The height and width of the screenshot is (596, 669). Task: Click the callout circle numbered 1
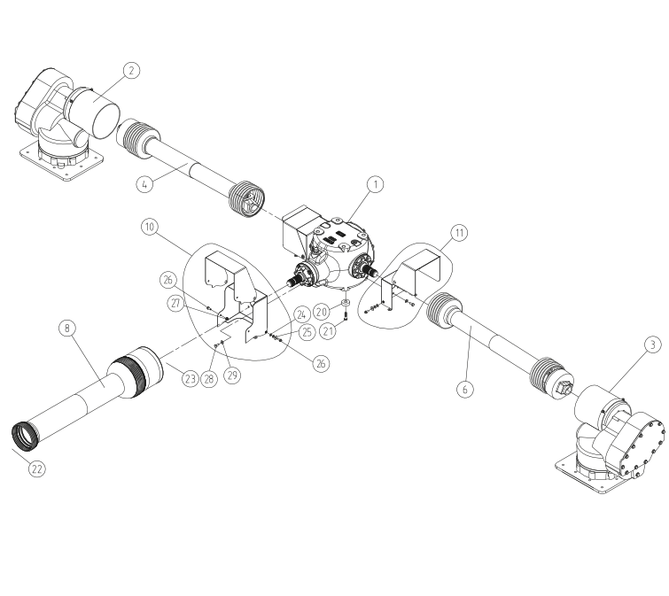(x=376, y=184)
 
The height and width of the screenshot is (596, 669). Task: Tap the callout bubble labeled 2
(x=130, y=72)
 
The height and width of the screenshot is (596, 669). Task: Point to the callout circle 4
(x=147, y=184)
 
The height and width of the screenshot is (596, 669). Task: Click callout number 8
(x=68, y=328)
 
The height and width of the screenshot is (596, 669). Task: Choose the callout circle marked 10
(x=150, y=227)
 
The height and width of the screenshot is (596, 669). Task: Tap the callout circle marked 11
(x=459, y=233)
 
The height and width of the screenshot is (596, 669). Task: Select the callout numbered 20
(x=323, y=312)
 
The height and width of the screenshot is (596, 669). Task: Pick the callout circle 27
(x=175, y=303)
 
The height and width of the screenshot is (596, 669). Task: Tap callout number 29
(x=232, y=375)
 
